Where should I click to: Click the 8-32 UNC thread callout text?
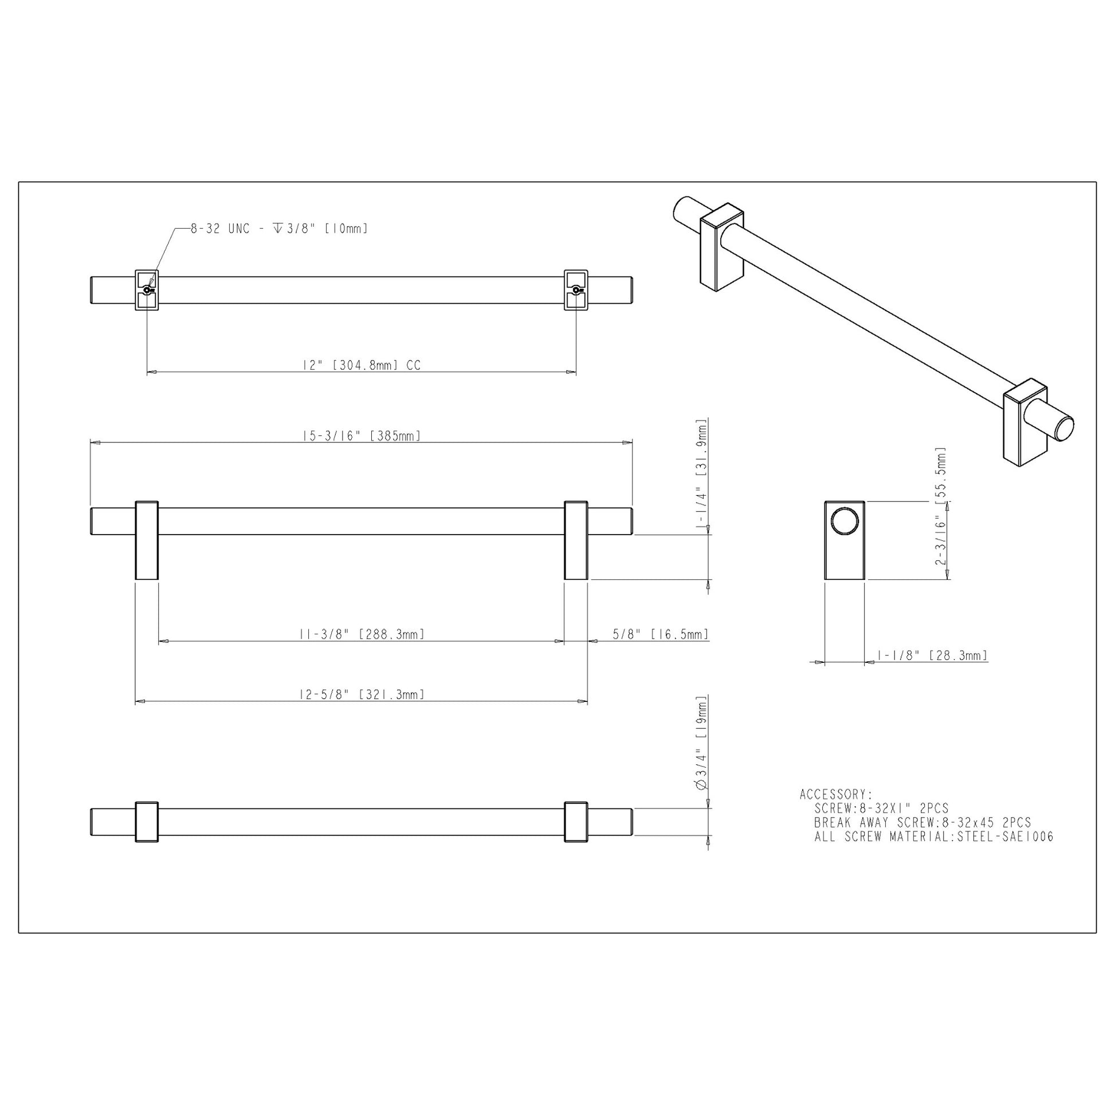point(280,229)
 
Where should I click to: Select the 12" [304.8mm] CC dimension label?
point(362,365)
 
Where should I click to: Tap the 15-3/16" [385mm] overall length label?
point(362,435)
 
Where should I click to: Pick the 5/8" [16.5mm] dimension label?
point(660,634)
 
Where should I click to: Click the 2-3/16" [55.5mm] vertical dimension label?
point(941,506)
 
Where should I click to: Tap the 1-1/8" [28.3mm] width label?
point(932,655)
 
